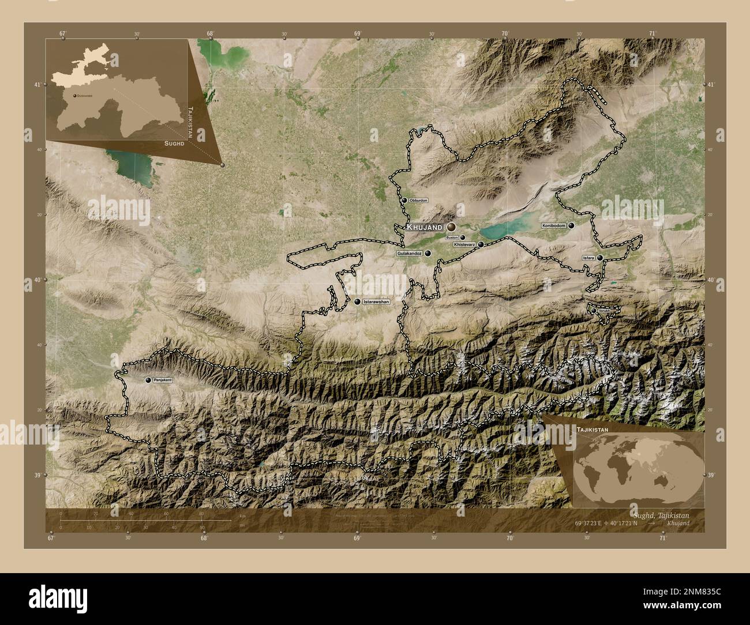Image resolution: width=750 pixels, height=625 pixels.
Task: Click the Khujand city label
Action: [424, 228]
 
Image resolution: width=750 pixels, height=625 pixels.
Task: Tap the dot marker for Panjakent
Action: [148, 380]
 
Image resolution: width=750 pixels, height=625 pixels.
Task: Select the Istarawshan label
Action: [376, 302]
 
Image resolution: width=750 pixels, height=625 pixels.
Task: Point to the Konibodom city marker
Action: [571, 226]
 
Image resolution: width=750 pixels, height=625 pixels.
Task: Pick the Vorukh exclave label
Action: [604, 311]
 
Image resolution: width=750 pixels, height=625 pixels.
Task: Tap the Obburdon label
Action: [418, 200]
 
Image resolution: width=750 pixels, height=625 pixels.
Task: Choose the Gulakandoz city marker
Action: [428, 253]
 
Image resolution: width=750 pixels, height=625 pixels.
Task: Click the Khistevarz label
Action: [464, 245]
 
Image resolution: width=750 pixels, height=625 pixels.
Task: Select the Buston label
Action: [452, 238]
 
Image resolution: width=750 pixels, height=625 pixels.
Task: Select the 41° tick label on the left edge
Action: [37, 85]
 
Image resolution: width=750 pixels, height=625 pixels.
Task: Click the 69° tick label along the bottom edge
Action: [357, 538]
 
